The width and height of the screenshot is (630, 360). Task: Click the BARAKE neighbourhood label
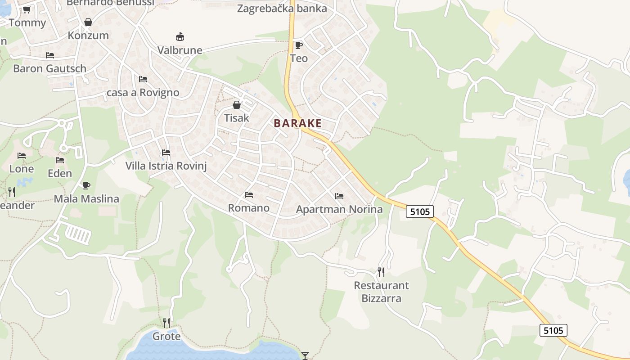tap(298, 123)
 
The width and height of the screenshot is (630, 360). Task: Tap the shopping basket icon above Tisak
tap(237, 105)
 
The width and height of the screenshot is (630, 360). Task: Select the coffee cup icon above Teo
tap(298, 45)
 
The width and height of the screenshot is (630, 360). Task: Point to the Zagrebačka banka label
tap(282, 9)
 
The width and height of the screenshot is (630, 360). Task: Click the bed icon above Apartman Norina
tap(339, 196)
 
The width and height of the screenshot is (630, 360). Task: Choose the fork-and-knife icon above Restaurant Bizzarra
tap(381, 272)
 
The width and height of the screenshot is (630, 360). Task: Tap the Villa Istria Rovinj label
tap(166, 166)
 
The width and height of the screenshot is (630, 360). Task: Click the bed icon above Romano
tap(248, 194)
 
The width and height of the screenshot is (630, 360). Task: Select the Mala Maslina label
tap(86, 198)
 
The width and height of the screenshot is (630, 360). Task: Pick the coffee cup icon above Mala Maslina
tap(86, 185)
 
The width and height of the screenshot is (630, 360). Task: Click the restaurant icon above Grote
tap(166, 323)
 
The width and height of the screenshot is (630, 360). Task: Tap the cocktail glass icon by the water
tap(306, 355)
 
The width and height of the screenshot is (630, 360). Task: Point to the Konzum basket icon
tap(88, 22)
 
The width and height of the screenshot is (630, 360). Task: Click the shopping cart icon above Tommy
tap(27, 9)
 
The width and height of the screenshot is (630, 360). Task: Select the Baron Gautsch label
tap(49, 69)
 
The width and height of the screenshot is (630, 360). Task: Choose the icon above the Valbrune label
tap(180, 36)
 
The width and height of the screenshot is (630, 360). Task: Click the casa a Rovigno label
tap(143, 92)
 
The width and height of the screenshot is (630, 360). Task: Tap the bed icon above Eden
tap(60, 160)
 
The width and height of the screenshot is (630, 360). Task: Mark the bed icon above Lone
tap(22, 156)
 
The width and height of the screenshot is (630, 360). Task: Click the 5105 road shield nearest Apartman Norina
tap(420, 211)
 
